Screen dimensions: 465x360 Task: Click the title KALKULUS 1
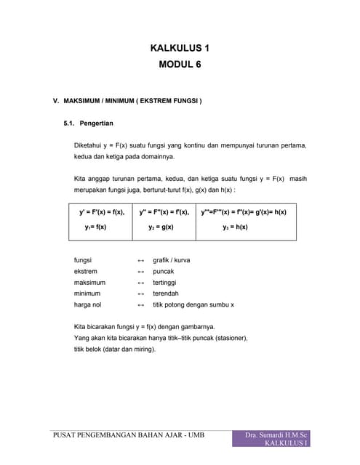click(180, 49)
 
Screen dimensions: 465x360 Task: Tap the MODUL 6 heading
click(180, 65)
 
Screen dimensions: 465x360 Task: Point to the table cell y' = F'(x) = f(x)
click(102, 212)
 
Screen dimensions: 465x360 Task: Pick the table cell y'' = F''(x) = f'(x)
click(164, 212)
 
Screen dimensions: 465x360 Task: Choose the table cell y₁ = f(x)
click(95, 227)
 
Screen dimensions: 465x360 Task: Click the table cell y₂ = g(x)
click(161, 227)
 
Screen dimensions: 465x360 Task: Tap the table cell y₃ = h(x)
click(236, 227)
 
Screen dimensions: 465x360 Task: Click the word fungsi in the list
click(83, 259)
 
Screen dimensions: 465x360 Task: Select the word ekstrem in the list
click(86, 271)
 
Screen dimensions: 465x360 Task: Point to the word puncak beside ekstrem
click(163, 271)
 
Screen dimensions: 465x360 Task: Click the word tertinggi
click(164, 282)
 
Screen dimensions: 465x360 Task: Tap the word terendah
click(165, 293)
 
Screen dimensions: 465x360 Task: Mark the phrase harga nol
click(88, 304)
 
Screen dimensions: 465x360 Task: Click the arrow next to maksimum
click(141, 282)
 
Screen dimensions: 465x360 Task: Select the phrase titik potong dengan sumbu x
click(193, 304)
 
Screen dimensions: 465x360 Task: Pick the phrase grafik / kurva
click(172, 259)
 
